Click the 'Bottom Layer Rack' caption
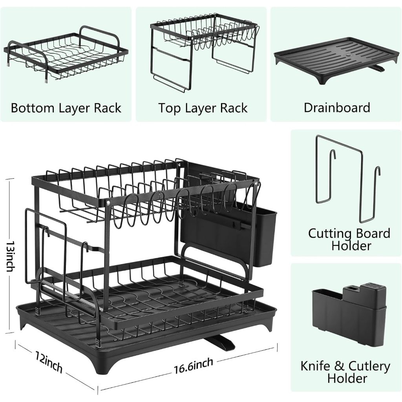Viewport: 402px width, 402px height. (x=66, y=108)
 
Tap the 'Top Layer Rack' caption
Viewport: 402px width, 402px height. (x=203, y=108)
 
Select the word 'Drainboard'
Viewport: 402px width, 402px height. (x=337, y=108)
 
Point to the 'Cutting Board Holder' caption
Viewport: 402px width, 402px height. (x=349, y=239)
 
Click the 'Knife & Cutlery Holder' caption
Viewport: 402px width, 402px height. (x=345, y=372)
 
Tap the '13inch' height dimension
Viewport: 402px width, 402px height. (x=11, y=256)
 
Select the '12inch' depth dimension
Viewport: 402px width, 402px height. (x=49, y=363)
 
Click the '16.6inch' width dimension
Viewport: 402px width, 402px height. (x=194, y=365)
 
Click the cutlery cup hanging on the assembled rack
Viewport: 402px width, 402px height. (x=266, y=236)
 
